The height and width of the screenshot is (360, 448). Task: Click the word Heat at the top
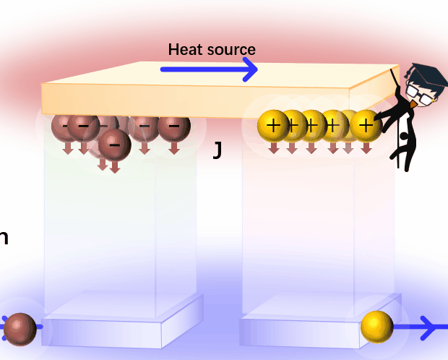184,49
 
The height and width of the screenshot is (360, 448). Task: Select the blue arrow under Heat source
209,69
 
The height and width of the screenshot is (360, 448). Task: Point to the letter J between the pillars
217,150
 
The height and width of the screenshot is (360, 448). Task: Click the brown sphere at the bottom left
20,329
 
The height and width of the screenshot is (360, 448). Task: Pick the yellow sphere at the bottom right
376,327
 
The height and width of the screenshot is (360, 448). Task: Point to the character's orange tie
413,105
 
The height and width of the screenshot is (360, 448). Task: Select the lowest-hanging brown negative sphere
114,144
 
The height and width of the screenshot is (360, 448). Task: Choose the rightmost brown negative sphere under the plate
173,127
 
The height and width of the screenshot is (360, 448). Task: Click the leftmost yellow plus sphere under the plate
273,126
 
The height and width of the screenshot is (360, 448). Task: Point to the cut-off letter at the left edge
4,237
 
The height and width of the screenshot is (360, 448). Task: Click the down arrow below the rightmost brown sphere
173,147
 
